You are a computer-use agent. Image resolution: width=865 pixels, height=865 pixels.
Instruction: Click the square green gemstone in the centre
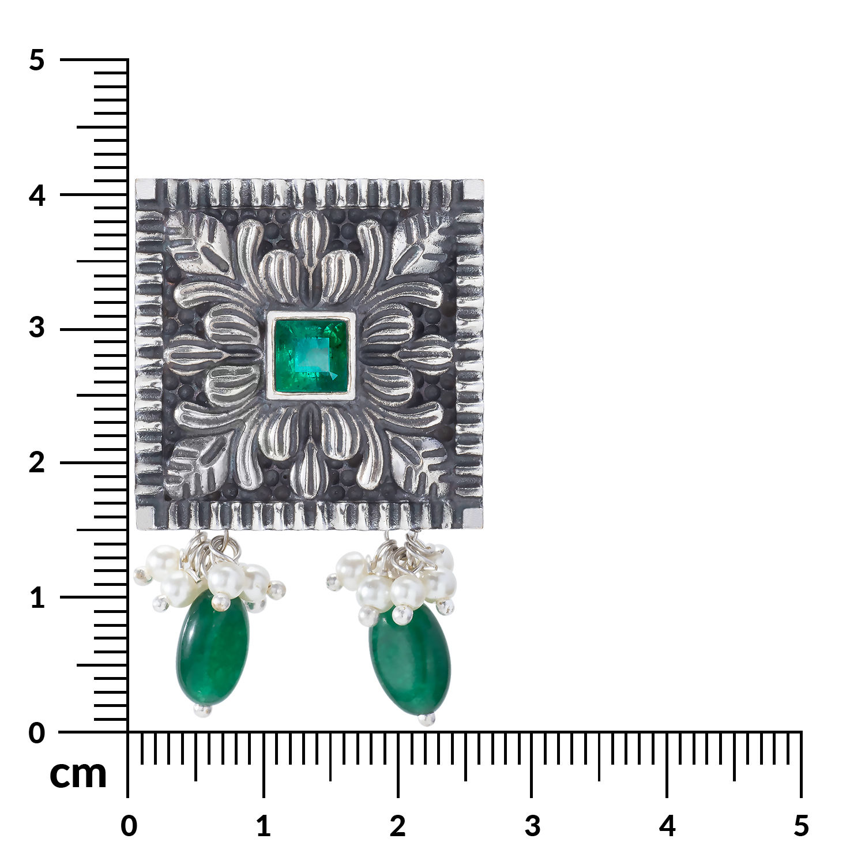pyautogui.click(x=311, y=355)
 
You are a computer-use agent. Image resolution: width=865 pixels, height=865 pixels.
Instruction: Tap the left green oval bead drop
pyautogui.click(x=213, y=649)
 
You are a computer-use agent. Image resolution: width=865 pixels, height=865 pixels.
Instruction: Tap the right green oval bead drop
pyautogui.click(x=410, y=660)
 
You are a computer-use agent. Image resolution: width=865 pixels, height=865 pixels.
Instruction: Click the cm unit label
pyautogui.click(x=78, y=774)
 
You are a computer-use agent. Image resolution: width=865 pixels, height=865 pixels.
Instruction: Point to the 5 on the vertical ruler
pyautogui.click(x=37, y=61)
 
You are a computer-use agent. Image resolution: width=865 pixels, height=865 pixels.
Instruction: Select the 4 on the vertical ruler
pyautogui.click(x=37, y=196)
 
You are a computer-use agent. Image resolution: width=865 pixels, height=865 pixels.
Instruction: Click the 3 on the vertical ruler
pyautogui.click(x=37, y=328)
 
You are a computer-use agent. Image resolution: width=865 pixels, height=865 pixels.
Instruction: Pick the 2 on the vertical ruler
pyautogui.click(x=37, y=462)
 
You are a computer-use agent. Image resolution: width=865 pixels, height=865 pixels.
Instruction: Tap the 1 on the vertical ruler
pyautogui.click(x=37, y=598)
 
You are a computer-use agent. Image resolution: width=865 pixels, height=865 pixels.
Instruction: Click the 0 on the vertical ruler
pyautogui.click(x=37, y=734)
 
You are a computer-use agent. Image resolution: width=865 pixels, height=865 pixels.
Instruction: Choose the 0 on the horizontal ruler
pyautogui.click(x=129, y=826)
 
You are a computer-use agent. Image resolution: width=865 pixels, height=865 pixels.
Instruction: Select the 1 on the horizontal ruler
pyautogui.click(x=264, y=826)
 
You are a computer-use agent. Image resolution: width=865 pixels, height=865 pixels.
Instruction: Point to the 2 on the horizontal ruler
pyautogui.click(x=398, y=826)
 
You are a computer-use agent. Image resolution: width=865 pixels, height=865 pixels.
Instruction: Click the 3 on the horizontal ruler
pyautogui.click(x=532, y=826)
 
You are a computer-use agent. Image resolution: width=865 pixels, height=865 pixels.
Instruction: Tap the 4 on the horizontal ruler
pyautogui.click(x=667, y=826)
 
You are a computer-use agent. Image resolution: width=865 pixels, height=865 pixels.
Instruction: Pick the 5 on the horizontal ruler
pyautogui.click(x=801, y=826)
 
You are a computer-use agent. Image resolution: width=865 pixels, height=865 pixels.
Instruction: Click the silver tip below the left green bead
pyautogui.click(x=203, y=710)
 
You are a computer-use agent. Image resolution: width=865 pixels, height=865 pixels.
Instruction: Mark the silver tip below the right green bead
pyautogui.click(x=426, y=719)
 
